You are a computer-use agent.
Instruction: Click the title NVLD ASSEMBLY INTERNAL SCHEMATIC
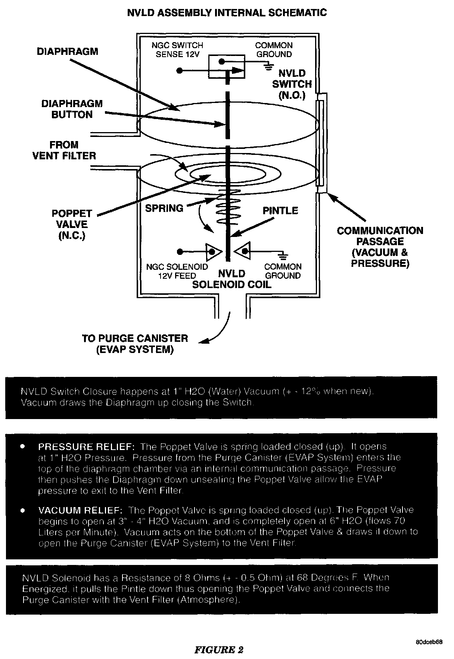click(227, 13)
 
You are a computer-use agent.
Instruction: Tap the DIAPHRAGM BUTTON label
click(72, 109)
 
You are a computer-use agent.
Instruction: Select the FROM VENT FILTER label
click(64, 150)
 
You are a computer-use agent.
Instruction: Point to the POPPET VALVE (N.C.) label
click(72, 224)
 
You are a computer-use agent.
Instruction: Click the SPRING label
click(164, 208)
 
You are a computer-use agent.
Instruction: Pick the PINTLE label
click(280, 211)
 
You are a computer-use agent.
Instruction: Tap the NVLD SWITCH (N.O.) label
click(292, 84)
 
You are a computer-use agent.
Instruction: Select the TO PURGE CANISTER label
click(135, 344)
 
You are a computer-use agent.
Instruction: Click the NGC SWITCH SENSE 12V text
click(177, 50)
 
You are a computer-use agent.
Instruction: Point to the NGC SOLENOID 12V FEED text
click(177, 271)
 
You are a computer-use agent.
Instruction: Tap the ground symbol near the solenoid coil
click(283, 256)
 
